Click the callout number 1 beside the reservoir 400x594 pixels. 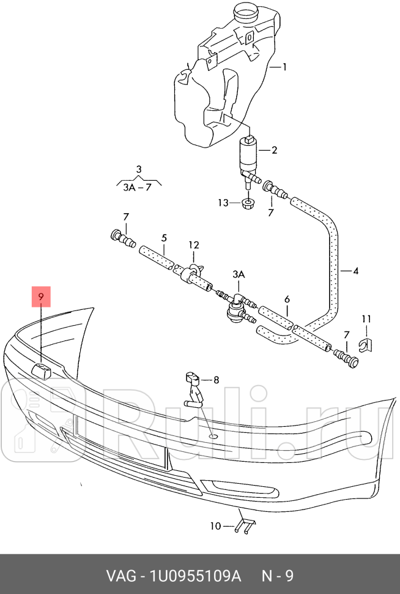(x=284, y=67)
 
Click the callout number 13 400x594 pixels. (x=222, y=203)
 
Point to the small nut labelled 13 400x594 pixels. (x=247, y=203)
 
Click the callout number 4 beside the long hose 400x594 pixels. (x=355, y=270)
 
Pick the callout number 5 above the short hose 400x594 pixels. (x=164, y=238)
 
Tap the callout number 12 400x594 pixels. (x=193, y=246)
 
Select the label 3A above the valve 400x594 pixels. (x=238, y=275)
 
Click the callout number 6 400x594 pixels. (x=287, y=300)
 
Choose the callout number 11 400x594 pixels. (x=366, y=318)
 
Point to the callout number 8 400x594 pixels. (x=216, y=380)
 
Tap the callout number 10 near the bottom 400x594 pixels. (x=215, y=525)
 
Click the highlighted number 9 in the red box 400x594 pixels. (x=41, y=297)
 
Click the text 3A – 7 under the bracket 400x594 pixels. (x=137, y=187)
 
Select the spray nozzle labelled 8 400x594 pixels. (x=194, y=387)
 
